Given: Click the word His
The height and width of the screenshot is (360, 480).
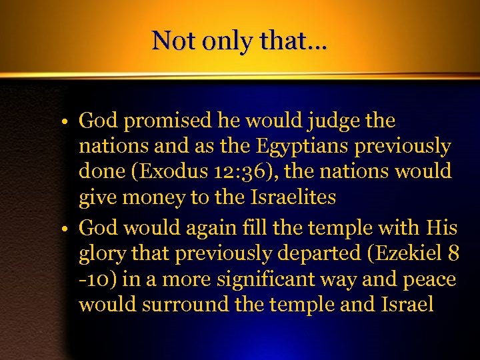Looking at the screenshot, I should pos(441,229).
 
